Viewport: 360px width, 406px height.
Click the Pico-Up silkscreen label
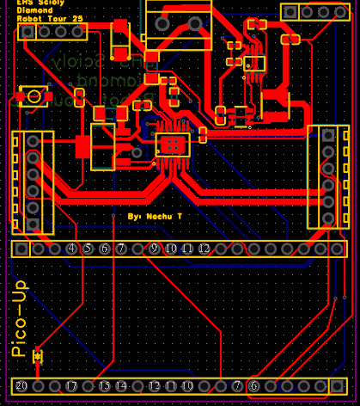(19, 319)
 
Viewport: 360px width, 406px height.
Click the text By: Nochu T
(155, 217)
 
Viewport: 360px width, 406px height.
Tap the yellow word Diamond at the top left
(35, 9)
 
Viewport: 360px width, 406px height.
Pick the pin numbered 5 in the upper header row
(88, 249)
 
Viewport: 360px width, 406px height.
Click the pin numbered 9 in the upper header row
(155, 249)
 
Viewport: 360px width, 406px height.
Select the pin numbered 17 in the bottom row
(72, 386)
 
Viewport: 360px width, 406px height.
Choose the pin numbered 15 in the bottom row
(105, 386)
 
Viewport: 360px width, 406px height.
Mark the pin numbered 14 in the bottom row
(121, 386)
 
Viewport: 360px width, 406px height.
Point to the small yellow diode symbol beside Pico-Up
(37, 356)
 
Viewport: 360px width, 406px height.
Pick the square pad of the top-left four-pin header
(27, 31)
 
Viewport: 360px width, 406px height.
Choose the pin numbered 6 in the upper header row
(105, 249)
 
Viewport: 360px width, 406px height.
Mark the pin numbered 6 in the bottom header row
(253, 386)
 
